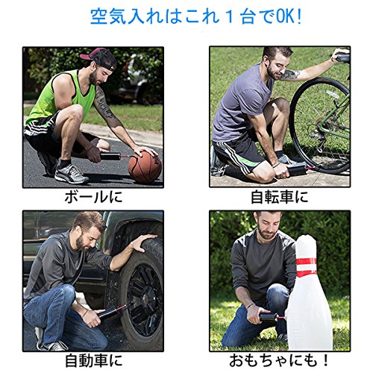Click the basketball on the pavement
(x=145, y=167)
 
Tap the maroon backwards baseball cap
(x=99, y=57)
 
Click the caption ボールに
(x=94, y=197)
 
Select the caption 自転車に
(x=280, y=197)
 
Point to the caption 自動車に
(x=94, y=360)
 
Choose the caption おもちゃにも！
(x=279, y=360)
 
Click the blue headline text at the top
(x=196, y=17)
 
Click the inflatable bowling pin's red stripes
(x=306, y=266)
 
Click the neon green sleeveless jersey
(x=62, y=95)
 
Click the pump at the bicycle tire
(x=298, y=170)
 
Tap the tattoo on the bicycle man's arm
(x=292, y=75)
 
